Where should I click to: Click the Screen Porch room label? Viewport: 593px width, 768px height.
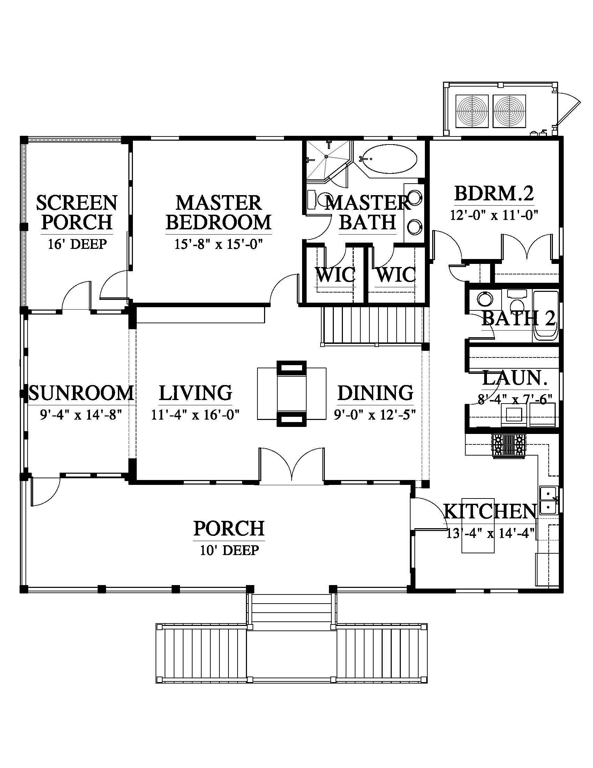pos(77,212)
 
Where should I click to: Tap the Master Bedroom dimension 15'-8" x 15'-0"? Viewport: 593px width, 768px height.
pos(218,244)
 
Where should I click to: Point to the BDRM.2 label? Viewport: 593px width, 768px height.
pos(494,193)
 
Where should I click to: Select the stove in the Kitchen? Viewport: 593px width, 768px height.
pos(509,446)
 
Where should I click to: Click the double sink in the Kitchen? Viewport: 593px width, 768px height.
pos(548,500)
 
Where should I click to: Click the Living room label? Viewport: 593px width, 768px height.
pos(195,392)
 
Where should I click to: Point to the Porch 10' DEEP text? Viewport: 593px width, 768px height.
pos(229,549)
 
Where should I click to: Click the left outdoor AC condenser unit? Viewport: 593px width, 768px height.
pos(472,111)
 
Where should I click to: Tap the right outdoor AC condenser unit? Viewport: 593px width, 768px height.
pos(509,111)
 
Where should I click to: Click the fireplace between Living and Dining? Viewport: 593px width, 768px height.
pos(292,393)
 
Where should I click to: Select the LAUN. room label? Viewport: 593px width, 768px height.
pos(515,379)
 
